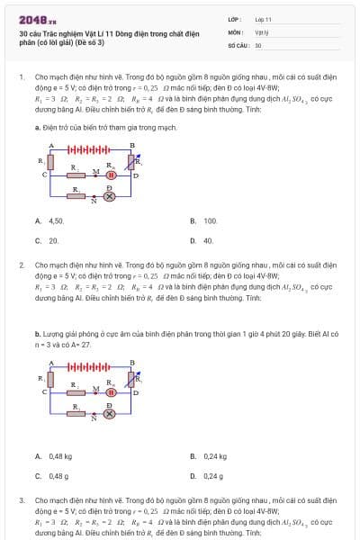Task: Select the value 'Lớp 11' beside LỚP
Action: [x=263, y=18]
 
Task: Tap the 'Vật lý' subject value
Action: [x=261, y=31]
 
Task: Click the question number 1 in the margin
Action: [x=21, y=78]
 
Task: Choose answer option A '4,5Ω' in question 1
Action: [x=49, y=220]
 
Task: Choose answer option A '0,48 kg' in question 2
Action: [x=54, y=456]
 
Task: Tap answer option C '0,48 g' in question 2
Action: [x=52, y=475]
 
